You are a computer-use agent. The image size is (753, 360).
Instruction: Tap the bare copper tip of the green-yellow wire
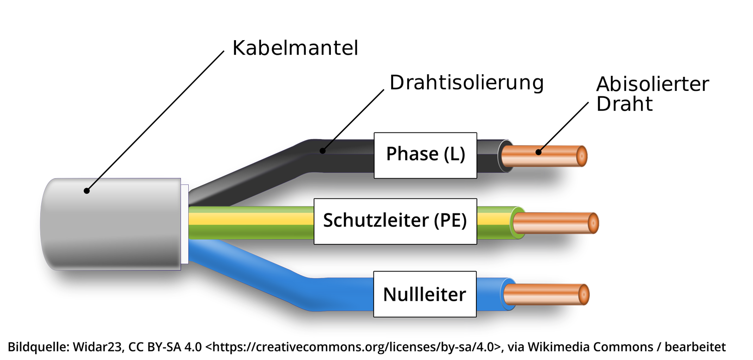click(557, 222)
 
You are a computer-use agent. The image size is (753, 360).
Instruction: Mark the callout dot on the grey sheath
click(87, 191)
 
